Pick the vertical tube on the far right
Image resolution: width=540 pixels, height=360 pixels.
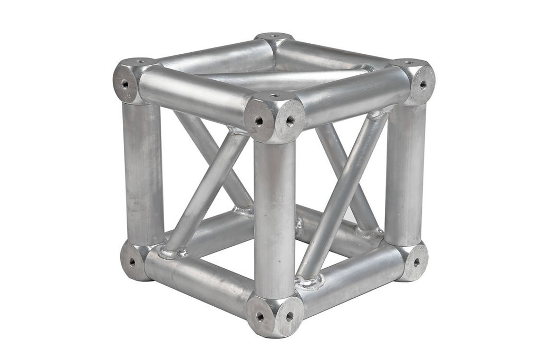tap(404, 174)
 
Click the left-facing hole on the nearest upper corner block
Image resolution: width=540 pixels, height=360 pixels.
tap(259, 121)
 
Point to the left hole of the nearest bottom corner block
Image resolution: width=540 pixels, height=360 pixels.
tap(259, 316)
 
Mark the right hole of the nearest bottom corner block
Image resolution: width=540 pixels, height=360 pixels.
tap(289, 316)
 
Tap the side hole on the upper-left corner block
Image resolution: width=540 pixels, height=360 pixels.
tap(125, 84)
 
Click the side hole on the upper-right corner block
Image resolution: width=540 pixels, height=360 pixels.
tap(423, 84)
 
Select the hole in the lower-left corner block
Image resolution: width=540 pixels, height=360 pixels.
tap(131, 261)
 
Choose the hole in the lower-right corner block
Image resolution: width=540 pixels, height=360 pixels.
tap(416, 261)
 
